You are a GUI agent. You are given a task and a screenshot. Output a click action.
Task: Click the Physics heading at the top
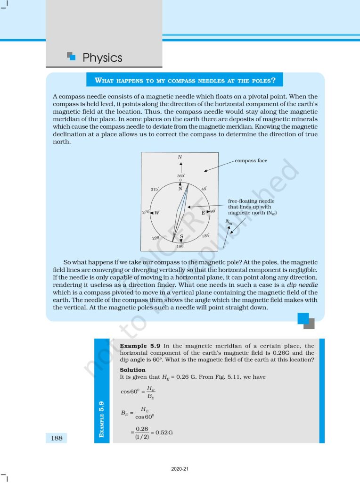click(x=102, y=58)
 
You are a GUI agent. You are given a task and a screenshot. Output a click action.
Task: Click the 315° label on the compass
click(x=155, y=189)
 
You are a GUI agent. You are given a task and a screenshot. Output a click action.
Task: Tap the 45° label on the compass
click(x=204, y=188)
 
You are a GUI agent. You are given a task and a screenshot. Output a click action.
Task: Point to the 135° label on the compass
click(x=205, y=235)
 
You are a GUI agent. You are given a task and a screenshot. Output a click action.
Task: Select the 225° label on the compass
click(x=155, y=238)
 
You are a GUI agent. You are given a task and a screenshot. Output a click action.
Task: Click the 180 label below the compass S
click(x=180, y=246)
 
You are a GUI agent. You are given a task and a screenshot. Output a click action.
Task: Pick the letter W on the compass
click(x=157, y=212)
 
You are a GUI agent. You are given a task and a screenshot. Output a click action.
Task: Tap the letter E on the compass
click(x=204, y=212)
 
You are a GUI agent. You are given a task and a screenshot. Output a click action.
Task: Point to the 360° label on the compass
click(x=180, y=176)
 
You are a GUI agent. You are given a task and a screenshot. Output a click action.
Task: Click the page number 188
click(x=57, y=438)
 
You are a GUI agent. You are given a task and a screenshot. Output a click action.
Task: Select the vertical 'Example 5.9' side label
click(x=102, y=418)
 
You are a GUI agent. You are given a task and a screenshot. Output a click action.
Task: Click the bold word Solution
click(x=132, y=370)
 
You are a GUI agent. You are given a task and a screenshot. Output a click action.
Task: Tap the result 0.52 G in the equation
click(x=164, y=433)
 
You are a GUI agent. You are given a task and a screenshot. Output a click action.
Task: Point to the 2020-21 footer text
click(x=180, y=469)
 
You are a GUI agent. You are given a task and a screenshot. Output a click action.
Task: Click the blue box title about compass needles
click(x=185, y=80)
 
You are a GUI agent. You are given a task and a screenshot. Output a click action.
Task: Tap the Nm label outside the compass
click(x=229, y=222)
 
